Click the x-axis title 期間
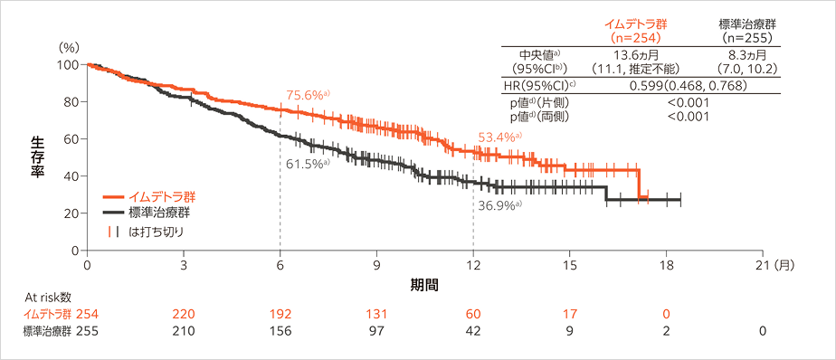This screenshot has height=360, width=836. click(424, 284)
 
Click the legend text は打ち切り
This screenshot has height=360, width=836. click(156, 231)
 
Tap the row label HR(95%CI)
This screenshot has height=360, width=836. click(539, 85)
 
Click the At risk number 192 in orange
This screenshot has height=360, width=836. click(280, 313)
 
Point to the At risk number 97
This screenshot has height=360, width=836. click(376, 331)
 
